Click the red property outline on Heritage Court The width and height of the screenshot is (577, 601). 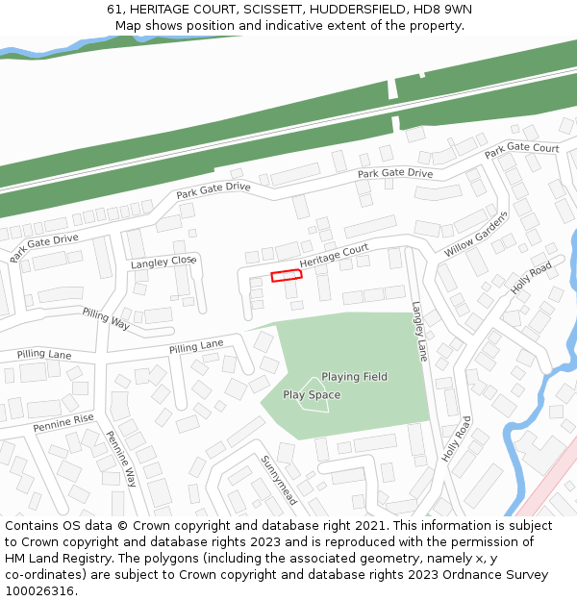[287, 276]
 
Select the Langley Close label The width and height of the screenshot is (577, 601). [163, 262]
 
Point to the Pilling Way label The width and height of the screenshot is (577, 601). [106, 319]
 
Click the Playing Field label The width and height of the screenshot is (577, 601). [354, 377]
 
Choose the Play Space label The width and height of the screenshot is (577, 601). [312, 394]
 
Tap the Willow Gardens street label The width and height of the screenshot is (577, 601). [475, 234]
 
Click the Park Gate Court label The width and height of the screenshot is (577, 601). [521, 149]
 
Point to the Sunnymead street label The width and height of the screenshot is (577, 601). [279, 480]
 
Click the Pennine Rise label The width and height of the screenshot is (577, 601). [63, 421]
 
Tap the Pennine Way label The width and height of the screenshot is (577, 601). [122, 459]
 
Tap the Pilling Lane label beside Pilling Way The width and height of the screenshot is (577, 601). [196, 345]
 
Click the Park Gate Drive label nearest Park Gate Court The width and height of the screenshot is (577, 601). [395, 173]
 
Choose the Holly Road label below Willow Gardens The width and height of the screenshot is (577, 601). [532, 277]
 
